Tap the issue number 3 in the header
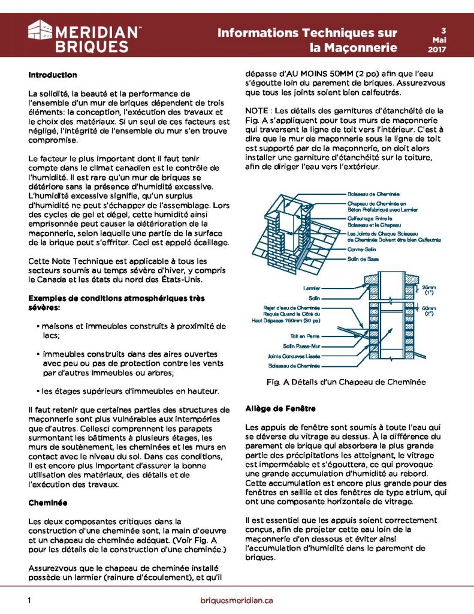(x=443, y=29)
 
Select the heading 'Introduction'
(x=53, y=76)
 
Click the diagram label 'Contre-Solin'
(x=362, y=249)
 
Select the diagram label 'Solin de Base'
(x=363, y=259)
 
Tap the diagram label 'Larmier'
(x=312, y=288)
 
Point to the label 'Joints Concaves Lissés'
(x=295, y=356)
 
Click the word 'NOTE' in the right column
(x=256, y=111)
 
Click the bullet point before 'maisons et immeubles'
(x=37, y=326)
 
